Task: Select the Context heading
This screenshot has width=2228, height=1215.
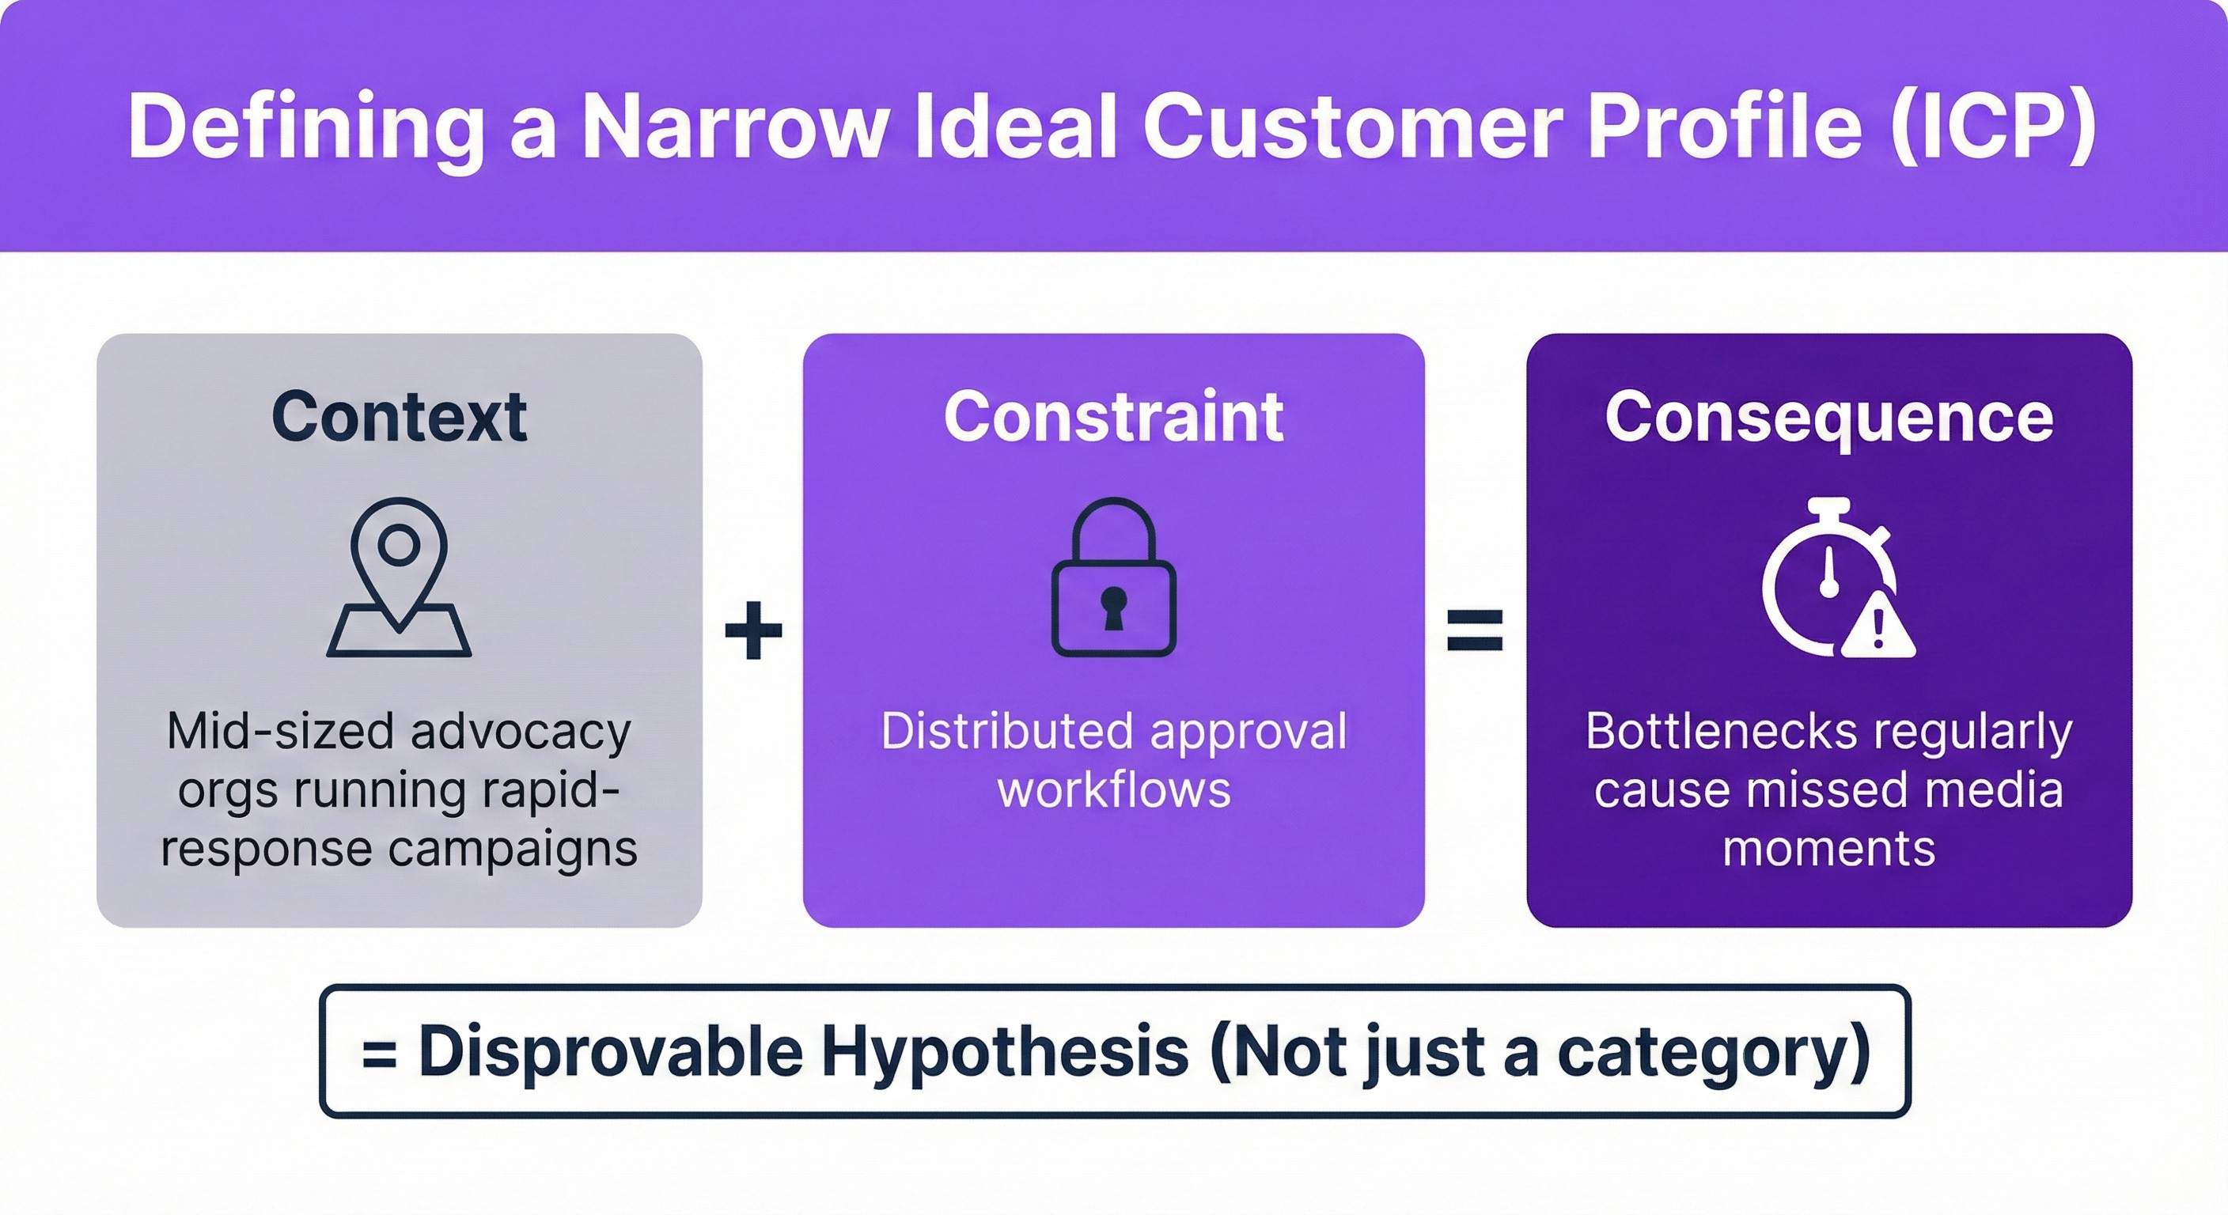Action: [x=399, y=417]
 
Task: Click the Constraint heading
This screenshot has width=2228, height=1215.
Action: [x=1113, y=417]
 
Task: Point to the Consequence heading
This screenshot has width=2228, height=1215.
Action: [x=1828, y=417]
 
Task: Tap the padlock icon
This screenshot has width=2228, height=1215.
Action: [x=1113, y=577]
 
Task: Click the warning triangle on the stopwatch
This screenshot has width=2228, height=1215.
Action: [x=1878, y=628]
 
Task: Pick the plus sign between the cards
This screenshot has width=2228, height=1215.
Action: [x=753, y=630]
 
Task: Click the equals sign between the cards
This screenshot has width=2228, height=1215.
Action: [x=1476, y=630]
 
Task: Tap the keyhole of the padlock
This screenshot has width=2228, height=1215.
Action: [x=1113, y=606]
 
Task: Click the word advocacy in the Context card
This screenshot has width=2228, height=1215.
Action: [x=521, y=732]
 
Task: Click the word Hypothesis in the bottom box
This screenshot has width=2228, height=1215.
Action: [x=1004, y=1051]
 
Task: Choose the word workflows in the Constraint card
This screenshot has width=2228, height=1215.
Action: [x=1114, y=789]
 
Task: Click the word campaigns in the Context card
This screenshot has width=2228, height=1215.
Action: [x=512, y=848]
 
